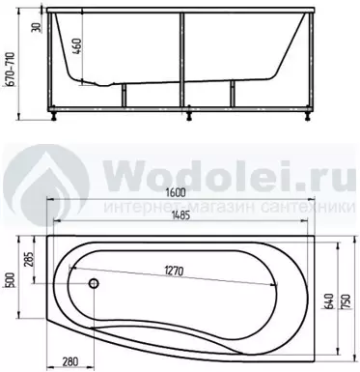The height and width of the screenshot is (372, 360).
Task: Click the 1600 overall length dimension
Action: [x=176, y=193]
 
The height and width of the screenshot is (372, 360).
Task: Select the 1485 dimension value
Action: [x=180, y=215]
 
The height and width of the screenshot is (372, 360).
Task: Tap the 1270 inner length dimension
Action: [x=174, y=271]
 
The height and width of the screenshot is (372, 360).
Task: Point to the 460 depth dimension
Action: [x=77, y=46]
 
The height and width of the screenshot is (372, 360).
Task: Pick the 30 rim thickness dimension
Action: [x=37, y=28]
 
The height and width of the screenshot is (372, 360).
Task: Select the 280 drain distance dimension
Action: [x=69, y=361]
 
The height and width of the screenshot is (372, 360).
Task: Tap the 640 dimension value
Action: [x=329, y=301]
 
